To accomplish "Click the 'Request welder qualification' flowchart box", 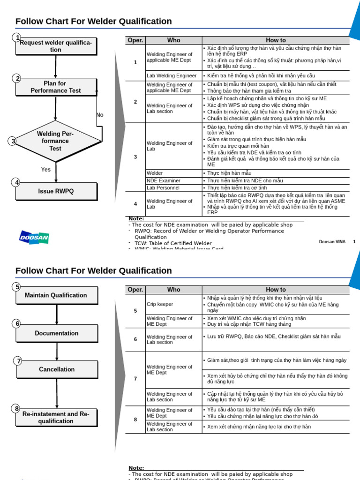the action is (56, 46).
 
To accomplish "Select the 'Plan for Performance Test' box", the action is (56, 87).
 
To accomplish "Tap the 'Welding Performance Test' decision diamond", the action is (55, 141).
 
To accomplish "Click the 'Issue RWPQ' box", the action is (56, 191).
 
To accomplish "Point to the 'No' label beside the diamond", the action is (100, 115).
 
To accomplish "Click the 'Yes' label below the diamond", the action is (46, 170).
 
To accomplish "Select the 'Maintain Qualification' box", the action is (56, 295).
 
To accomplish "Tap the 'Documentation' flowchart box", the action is (56, 333).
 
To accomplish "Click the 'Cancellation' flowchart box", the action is (56, 369).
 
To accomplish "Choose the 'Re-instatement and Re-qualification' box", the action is (56, 417).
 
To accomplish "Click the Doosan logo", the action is (34, 237).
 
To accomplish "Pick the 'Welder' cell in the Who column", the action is (155, 173).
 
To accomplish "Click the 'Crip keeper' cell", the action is (160, 304).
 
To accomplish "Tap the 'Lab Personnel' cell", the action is (163, 187).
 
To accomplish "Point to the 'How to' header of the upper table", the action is (276, 40).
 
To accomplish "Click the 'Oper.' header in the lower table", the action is (135, 290).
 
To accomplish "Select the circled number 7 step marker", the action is (18, 360).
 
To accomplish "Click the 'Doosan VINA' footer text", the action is (332, 242).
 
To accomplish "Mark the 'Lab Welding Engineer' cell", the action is (172, 75).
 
